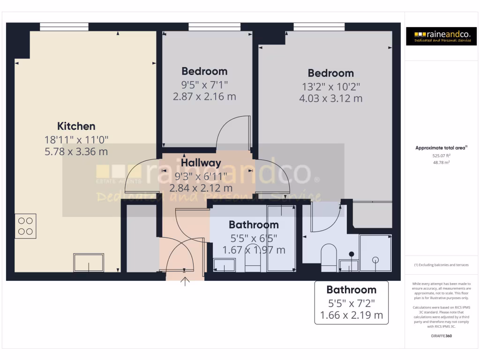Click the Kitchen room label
76,126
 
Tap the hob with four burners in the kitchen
25,226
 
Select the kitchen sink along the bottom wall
89,262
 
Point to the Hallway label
201,163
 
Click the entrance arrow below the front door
185,282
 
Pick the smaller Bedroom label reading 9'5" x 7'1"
204,71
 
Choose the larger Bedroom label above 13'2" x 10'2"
330,73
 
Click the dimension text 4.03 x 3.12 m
330,98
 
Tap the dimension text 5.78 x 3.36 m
76,151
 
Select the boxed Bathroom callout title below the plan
351,290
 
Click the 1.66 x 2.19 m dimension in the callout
351,315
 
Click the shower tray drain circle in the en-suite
375,259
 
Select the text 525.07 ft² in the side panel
441,155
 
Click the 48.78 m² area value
441,162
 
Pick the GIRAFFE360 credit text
441,336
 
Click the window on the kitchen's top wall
64,27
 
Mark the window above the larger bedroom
319,27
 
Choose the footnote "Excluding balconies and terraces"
441,265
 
